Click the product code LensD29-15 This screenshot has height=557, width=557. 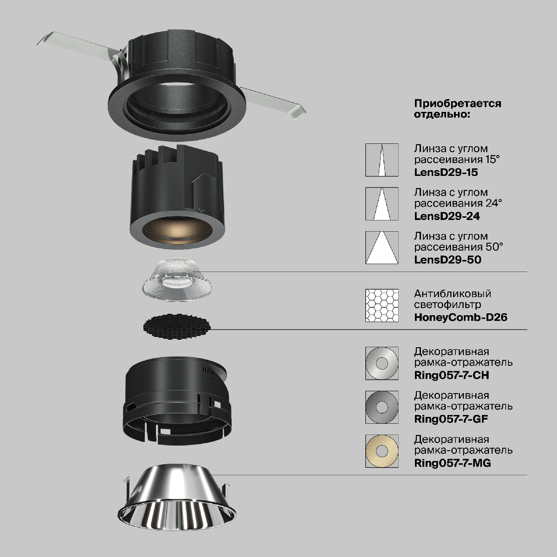tap(446, 172)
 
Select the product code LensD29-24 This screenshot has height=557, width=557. tap(447, 216)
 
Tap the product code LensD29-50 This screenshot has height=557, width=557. tap(448, 259)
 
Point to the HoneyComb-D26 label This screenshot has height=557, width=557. tap(461, 317)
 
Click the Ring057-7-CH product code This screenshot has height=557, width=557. tap(452, 376)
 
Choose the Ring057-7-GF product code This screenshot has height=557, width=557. tap(451, 419)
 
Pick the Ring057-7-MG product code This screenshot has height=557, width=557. tap(453, 463)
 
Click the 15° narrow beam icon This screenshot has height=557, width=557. tap(382, 160)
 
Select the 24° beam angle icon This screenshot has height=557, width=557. tap(382, 204)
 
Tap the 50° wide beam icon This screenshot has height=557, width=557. tap(382, 247)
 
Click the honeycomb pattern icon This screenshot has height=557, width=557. tap(382, 305)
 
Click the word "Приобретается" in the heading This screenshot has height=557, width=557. tap(458, 104)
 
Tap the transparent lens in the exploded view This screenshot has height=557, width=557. tap(177, 280)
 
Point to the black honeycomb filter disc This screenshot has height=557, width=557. tap(177, 326)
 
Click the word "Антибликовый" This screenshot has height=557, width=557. tap(453, 294)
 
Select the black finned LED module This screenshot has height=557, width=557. tap(177, 196)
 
